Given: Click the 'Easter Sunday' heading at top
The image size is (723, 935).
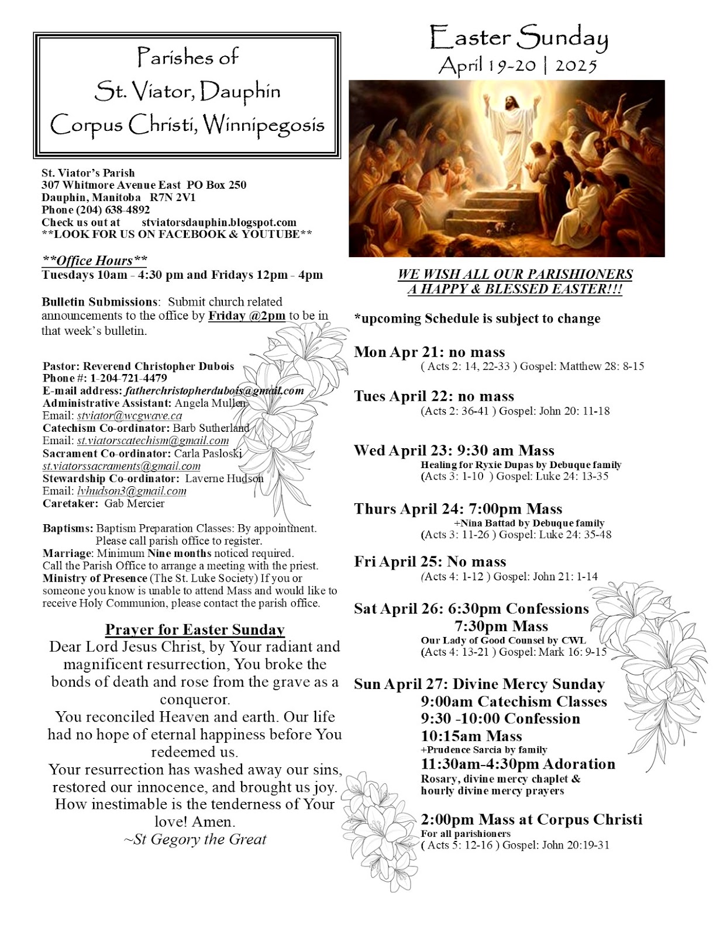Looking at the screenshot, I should [x=518, y=39].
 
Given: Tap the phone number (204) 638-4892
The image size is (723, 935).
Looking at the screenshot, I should [x=112, y=210].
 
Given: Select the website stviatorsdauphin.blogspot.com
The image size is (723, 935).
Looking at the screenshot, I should [x=219, y=223].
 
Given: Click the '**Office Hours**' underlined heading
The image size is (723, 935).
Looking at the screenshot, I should [x=94, y=260].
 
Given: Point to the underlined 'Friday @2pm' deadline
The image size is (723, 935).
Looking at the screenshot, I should [x=247, y=316].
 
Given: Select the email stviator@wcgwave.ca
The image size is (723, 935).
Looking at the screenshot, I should [x=129, y=416].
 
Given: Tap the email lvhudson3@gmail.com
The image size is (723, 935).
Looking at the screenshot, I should [x=132, y=491].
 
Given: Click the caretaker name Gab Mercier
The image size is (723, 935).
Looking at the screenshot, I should [x=135, y=503].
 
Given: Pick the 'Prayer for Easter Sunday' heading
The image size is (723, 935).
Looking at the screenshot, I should [x=195, y=630].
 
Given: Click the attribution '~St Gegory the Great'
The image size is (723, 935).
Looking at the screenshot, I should [x=195, y=840].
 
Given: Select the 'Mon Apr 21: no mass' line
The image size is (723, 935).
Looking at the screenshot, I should [x=429, y=352].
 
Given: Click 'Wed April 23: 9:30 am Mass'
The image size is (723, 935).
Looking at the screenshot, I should [x=454, y=451].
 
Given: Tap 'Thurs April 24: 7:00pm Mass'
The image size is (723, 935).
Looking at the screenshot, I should [x=458, y=509].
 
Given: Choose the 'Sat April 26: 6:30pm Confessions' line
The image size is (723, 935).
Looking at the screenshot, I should [x=471, y=609].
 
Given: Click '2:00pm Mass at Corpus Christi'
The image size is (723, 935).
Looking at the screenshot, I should [x=531, y=819].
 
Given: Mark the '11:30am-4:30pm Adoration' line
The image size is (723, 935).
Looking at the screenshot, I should [x=518, y=764].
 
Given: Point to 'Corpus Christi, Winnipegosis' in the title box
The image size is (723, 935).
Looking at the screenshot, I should [x=187, y=125].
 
